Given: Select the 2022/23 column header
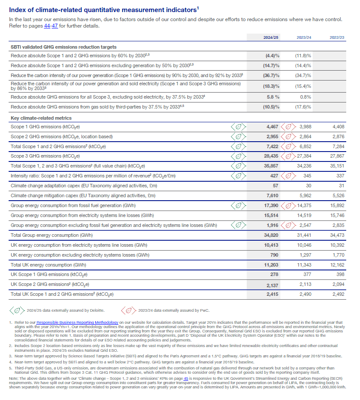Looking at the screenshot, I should (336, 38).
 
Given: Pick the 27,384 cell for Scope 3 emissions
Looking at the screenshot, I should (303, 156).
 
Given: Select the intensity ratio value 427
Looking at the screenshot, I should (274, 176).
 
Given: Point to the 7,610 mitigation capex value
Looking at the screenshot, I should (272, 195).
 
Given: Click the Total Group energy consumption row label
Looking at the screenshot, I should (51, 235).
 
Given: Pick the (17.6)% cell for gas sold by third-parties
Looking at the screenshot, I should (303, 107).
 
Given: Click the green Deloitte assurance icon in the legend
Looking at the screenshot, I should (17, 309).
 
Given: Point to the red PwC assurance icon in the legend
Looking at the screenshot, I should (128, 309).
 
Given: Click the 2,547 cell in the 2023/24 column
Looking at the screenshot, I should (304, 225).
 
